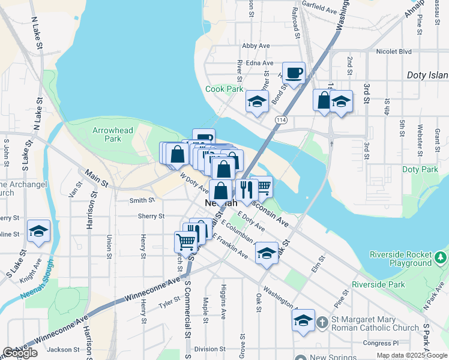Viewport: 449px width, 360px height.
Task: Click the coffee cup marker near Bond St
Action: click(x=294, y=73)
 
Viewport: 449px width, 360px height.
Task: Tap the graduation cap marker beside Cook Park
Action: click(x=257, y=101)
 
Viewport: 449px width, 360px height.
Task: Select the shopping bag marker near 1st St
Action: click(x=324, y=100)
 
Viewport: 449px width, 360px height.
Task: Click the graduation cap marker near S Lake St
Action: click(x=38, y=231)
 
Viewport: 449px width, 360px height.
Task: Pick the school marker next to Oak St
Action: click(x=267, y=254)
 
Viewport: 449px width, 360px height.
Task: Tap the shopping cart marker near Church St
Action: click(x=186, y=241)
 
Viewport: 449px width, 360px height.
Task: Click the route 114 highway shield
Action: click(x=280, y=121)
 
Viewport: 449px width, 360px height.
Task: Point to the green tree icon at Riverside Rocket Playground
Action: click(x=441, y=257)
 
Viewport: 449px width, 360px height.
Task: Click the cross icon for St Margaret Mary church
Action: click(x=322, y=323)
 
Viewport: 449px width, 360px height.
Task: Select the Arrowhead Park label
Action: click(x=107, y=134)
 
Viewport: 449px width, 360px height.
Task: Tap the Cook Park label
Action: click(x=224, y=89)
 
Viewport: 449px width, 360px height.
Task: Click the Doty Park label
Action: click(x=420, y=170)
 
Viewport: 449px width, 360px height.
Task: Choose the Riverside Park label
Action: click(x=378, y=284)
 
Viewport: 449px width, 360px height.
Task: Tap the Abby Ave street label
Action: click(x=256, y=46)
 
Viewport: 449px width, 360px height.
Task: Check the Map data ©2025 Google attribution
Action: click(x=411, y=355)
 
